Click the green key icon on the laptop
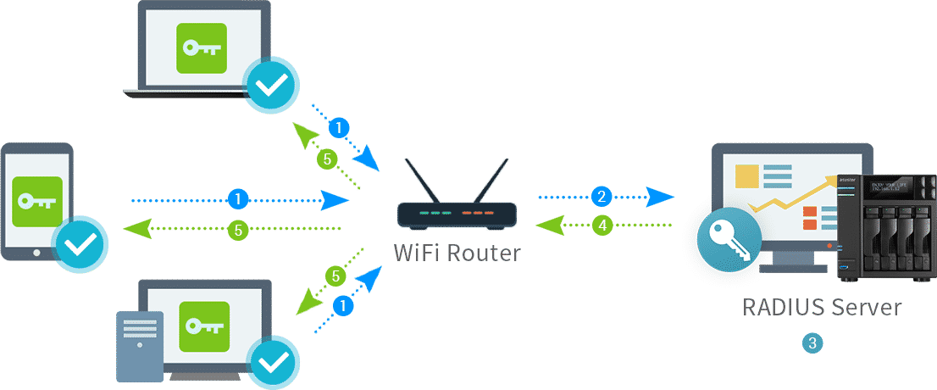pos(201,48)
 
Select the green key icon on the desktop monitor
pos(204,326)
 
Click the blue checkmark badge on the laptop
pos(270,84)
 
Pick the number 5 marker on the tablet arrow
pos(239,229)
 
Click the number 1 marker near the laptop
pos(339,128)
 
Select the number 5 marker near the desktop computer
pos(336,276)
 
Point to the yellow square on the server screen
pos(746,175)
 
